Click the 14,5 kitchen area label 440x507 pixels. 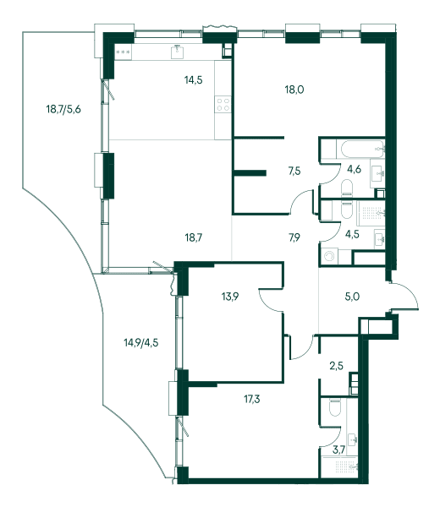[194, 79]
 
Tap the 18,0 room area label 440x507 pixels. [294, 90]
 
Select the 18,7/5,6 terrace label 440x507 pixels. [63, 109]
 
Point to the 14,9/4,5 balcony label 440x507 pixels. [141, 342]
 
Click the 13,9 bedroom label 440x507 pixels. [230, 297]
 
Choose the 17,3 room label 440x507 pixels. [252, 400]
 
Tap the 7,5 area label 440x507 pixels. [294, 171]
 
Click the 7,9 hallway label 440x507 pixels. [294, 237]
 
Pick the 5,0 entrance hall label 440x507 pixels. [352, 297]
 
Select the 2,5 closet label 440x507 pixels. [337, 366]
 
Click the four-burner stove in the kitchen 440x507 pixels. [223, 105]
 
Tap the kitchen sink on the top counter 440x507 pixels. [178, 52]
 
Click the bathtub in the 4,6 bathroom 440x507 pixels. [360, 149]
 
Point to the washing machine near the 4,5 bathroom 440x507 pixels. [330, 256]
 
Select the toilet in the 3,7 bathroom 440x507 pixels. [335, 408]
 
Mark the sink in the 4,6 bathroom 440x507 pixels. [377, 173]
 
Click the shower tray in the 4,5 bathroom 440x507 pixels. [371, 213]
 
